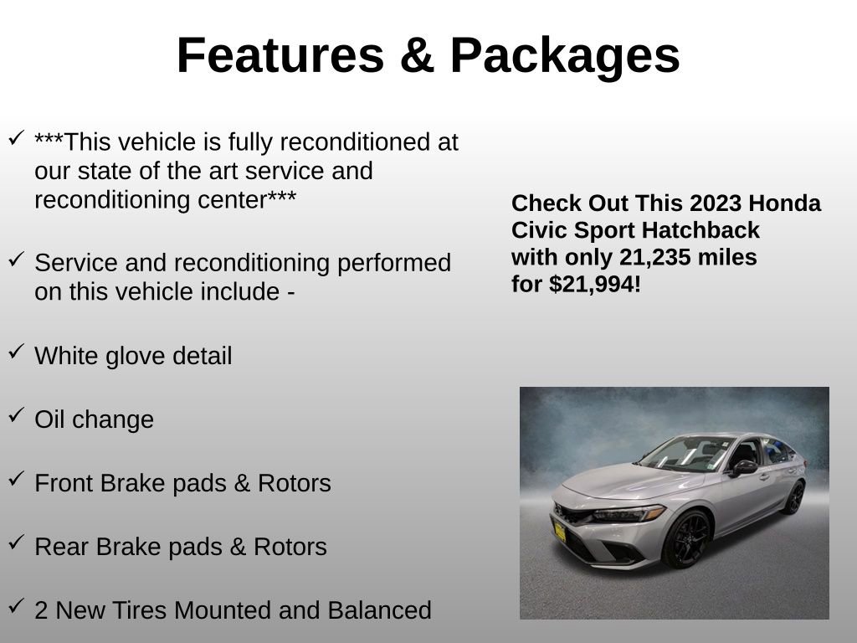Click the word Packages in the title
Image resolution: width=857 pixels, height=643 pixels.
tap(565, 56)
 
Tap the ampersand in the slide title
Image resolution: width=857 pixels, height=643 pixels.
tap(418, 56)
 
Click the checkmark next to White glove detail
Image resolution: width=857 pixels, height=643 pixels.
tap(16, 352)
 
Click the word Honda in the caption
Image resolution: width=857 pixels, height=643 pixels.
tap(785, 203)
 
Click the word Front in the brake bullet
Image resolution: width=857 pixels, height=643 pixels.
tap(64, 483)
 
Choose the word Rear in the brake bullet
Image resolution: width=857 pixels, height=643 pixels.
tap(62, 547)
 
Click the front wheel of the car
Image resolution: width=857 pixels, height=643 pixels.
tap(685, 538)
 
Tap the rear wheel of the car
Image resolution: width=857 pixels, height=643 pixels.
tap(793, 497)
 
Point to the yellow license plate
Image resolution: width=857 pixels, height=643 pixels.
tap(559, 532)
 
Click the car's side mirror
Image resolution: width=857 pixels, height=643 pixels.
tap(743, 467)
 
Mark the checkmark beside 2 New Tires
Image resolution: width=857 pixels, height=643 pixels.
tap(16, 606)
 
